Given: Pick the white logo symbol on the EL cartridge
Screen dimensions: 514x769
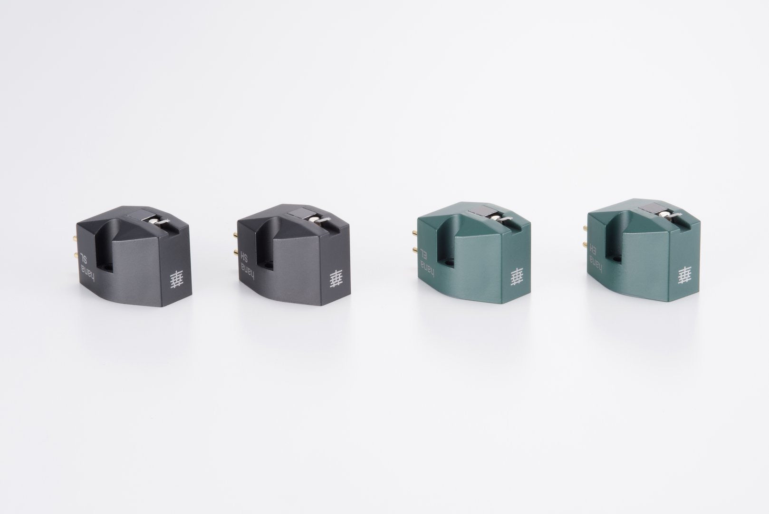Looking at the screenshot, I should tap(517, 277).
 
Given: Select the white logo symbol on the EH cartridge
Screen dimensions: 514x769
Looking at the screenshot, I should tap(684, 276).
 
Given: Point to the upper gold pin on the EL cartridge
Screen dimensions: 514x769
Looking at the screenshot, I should tap(414, 233).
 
